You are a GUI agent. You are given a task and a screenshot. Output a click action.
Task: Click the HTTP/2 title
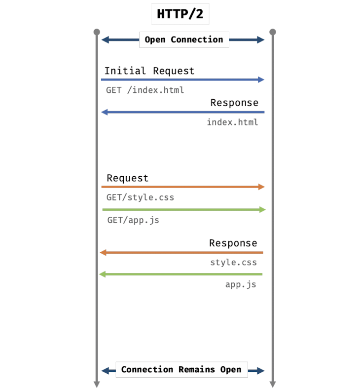pyautogui.click(x=180, y=14)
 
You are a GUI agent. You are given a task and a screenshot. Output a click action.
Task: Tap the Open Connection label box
pyautogui.click(x=183, y=39)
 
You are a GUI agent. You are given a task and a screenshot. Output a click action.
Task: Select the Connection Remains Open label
pyautogui.click(x=181, y=369)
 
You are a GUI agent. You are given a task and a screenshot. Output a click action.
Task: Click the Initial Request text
pyautogui.click(x=149, y=71)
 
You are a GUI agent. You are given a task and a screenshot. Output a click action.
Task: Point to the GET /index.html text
pyautogui.click(x=144, y=90)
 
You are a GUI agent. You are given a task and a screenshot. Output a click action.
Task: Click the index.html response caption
pyautogui.click(x=232, y=122)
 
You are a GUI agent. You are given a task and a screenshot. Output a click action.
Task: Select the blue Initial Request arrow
pyautogui.click(x=182, y=79)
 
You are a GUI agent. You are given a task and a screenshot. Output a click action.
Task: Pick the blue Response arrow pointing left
pyautogui.click(x=182, y=112)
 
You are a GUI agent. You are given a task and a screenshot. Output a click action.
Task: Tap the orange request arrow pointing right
pyautogui.click(x=182, y=187)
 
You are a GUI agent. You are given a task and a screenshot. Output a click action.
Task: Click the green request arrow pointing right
pyautogui.click(x=183, y=210)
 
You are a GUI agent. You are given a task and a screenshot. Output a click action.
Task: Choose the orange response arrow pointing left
pyautogui.click(x=181, y=253)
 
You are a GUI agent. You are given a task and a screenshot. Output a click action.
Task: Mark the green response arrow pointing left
pyautogui.click(x=180, y=274)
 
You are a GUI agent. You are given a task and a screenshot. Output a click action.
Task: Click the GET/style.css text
pyautogui.click(x=140, y=197)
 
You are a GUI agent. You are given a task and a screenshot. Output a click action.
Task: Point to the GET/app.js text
pyautogui.click(x=133, y=220)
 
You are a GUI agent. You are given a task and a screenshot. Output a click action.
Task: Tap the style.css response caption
pyautogui.click(x=233, y=262)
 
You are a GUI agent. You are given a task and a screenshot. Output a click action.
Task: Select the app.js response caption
pyautogui.click(x=241, y=284)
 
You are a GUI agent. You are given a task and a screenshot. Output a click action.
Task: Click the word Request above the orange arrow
pyautogui.click(x=127, y=178)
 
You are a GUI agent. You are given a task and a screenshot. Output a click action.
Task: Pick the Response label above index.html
pyautogui.click(x=234, y=103)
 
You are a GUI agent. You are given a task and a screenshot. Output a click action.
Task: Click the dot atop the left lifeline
pyautogui.click(x=97, y=32)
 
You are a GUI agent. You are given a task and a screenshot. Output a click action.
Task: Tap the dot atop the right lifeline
pyautogui.click(x=272, y=32)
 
